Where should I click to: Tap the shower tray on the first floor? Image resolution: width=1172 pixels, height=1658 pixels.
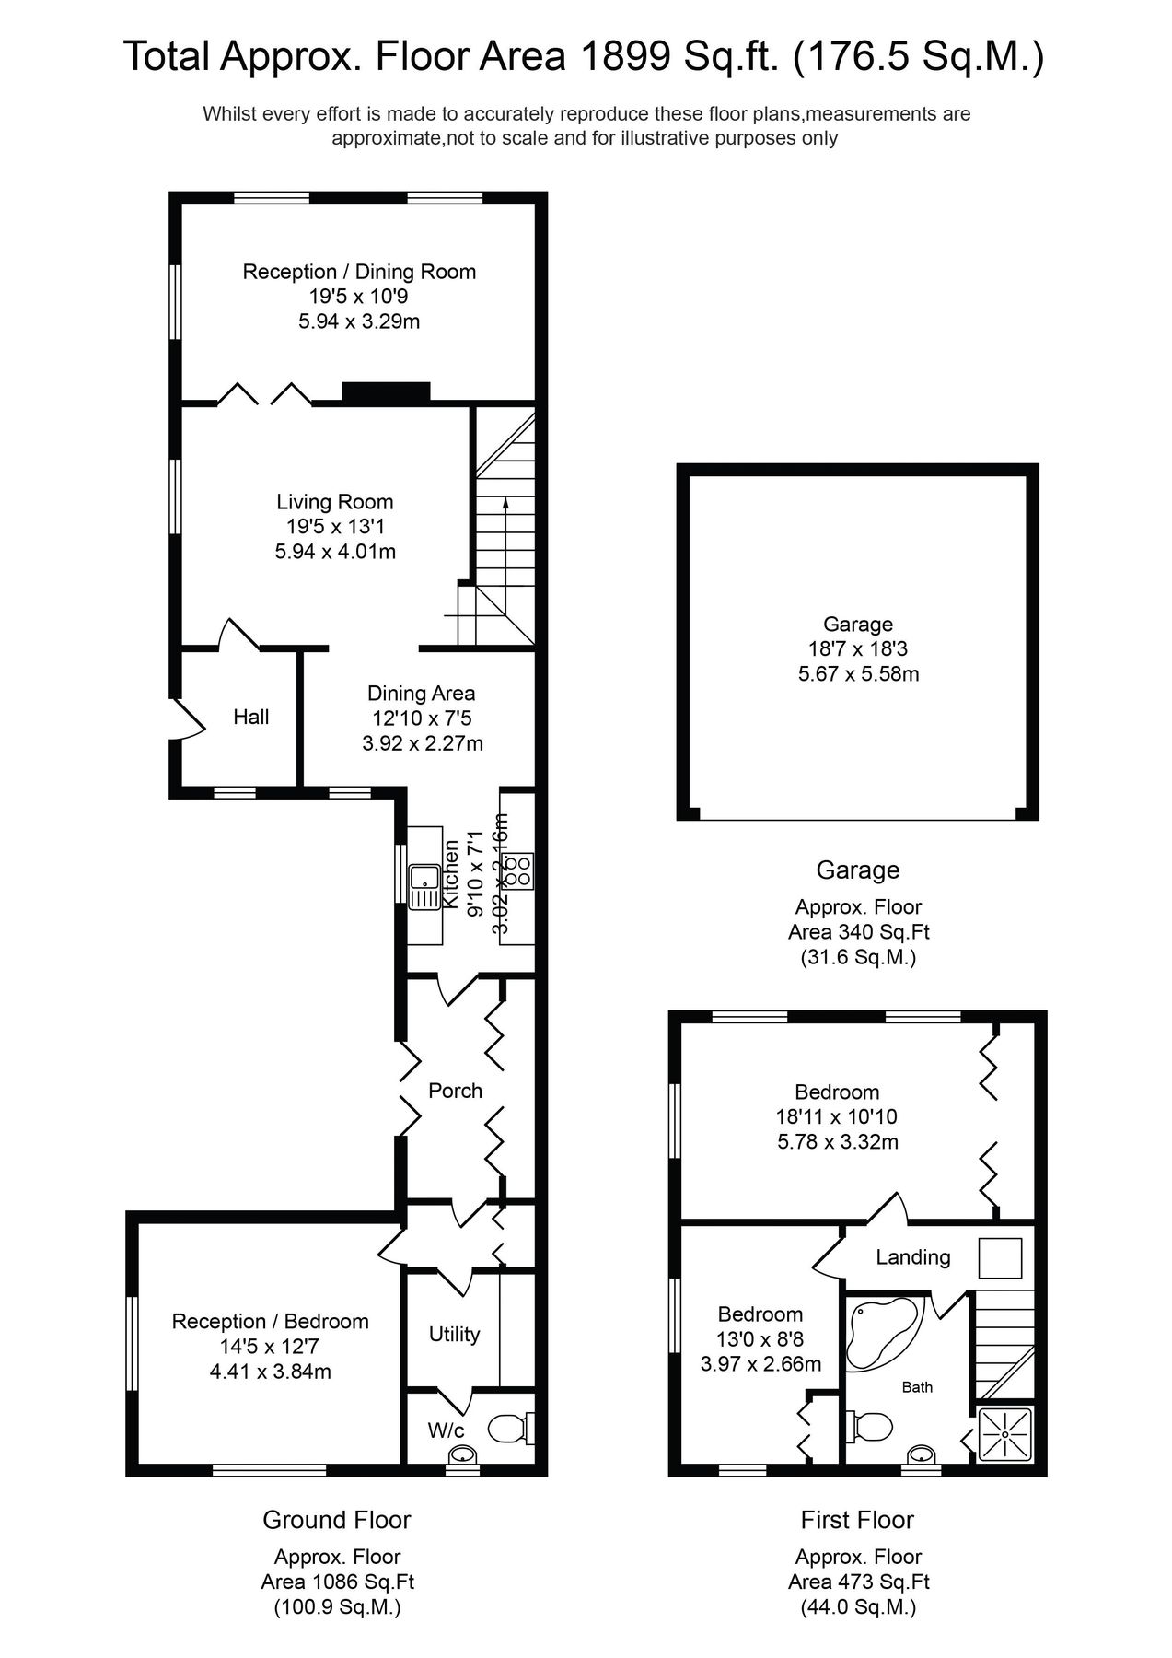click(1006, 1434)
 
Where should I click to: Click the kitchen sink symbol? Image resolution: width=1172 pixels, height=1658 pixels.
click(425, 885)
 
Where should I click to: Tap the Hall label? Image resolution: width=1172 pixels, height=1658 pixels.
click(250, 717)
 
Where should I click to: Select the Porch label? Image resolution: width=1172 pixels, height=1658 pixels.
click(455, 1091)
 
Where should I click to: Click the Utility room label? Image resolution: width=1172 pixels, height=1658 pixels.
click(454, 1334)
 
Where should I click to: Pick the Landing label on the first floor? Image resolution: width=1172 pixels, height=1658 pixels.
click(912, 1257)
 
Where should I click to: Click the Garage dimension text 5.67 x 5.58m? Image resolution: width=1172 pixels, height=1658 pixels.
click(858, 673)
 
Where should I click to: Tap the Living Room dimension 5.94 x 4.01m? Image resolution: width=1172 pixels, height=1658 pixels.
click(335, 552)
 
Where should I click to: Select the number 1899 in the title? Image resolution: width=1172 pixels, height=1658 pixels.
click(624, 57)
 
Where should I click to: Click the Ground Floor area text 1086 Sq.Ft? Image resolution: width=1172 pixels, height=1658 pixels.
click(337, 1582)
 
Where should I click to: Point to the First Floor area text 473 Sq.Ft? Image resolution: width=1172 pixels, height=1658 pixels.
click(858, 1582)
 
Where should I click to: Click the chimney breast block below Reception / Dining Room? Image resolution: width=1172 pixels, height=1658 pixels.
click(386, 391)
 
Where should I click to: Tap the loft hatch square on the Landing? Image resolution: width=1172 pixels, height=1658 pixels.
click(1000, 1258)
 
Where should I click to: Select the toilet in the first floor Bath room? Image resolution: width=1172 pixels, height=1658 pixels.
click(872, 1427)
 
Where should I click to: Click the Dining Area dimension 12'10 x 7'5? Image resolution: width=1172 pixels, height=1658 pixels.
click(422, 718)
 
